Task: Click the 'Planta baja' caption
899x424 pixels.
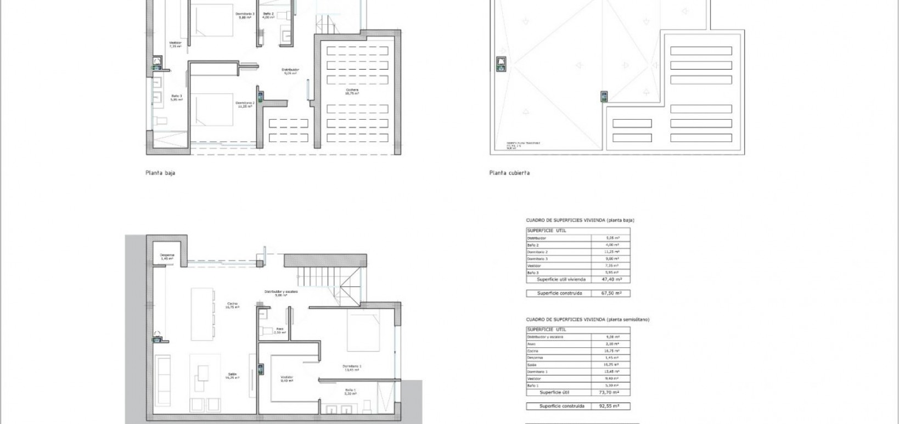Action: (160, 173)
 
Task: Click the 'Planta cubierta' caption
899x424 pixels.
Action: (509, 173)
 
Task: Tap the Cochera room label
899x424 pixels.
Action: (352, 91)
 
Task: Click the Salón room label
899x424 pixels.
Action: (232, 376)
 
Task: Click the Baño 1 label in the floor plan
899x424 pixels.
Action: (350, 391)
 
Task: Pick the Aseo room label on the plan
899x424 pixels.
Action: (279, 330)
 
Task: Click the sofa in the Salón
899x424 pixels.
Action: (164, 378)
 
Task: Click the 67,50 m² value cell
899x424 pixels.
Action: (610, 293)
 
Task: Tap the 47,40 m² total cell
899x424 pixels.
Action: (610, 279)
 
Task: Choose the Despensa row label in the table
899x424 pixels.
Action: (535, 358)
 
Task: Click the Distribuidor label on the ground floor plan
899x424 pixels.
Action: (290, 70)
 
